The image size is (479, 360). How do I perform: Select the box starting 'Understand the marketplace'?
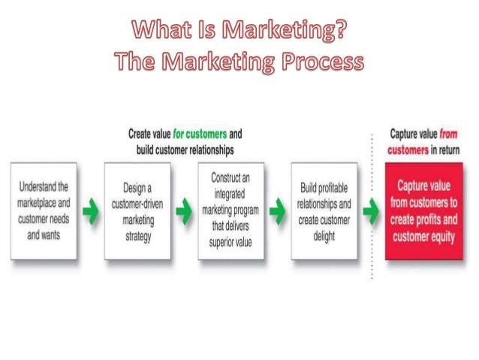(44, 210)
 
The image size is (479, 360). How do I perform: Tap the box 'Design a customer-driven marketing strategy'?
(137, 210)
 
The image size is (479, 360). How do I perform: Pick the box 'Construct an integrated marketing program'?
(230, 210)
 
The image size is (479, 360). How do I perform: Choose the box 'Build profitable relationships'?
(323, 210)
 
